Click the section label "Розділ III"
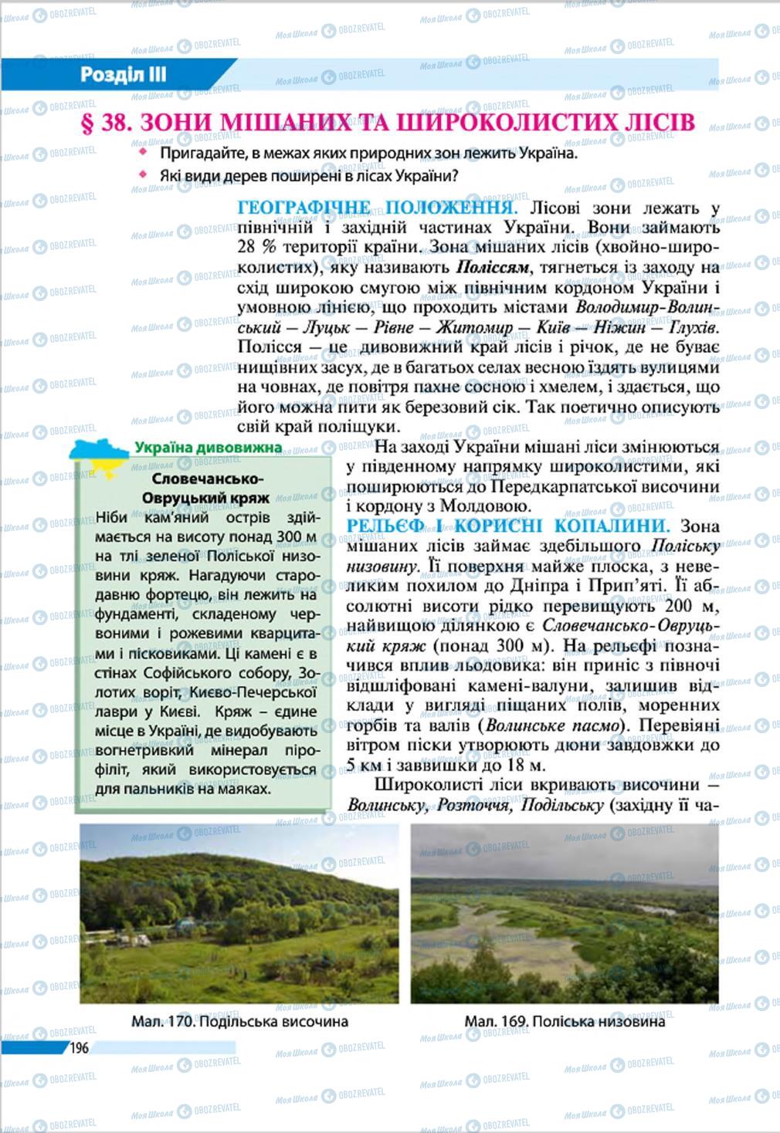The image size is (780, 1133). pyautogui.click(x=124, y=76)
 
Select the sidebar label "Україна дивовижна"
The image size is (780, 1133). pyautogui.click(x=208, y=448)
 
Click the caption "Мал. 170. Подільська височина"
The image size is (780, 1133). pyautogui.click(x=239, y=1021)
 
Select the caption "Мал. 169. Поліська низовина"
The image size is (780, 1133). pyautogui.click(x=565, y=1021)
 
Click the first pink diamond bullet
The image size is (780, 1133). pyautogui.click(x=142, y=154)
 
